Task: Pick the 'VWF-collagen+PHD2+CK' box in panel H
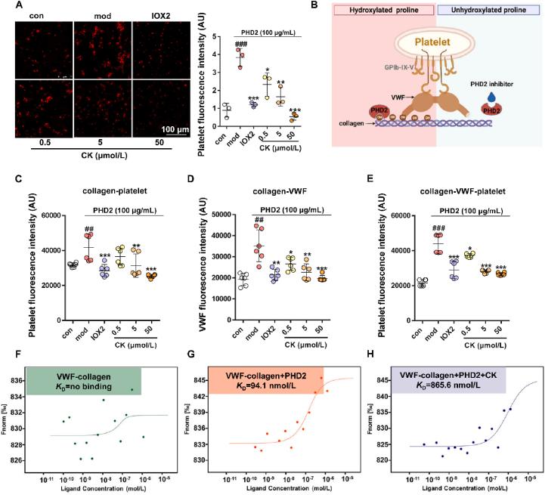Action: (x=446, y=380)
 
